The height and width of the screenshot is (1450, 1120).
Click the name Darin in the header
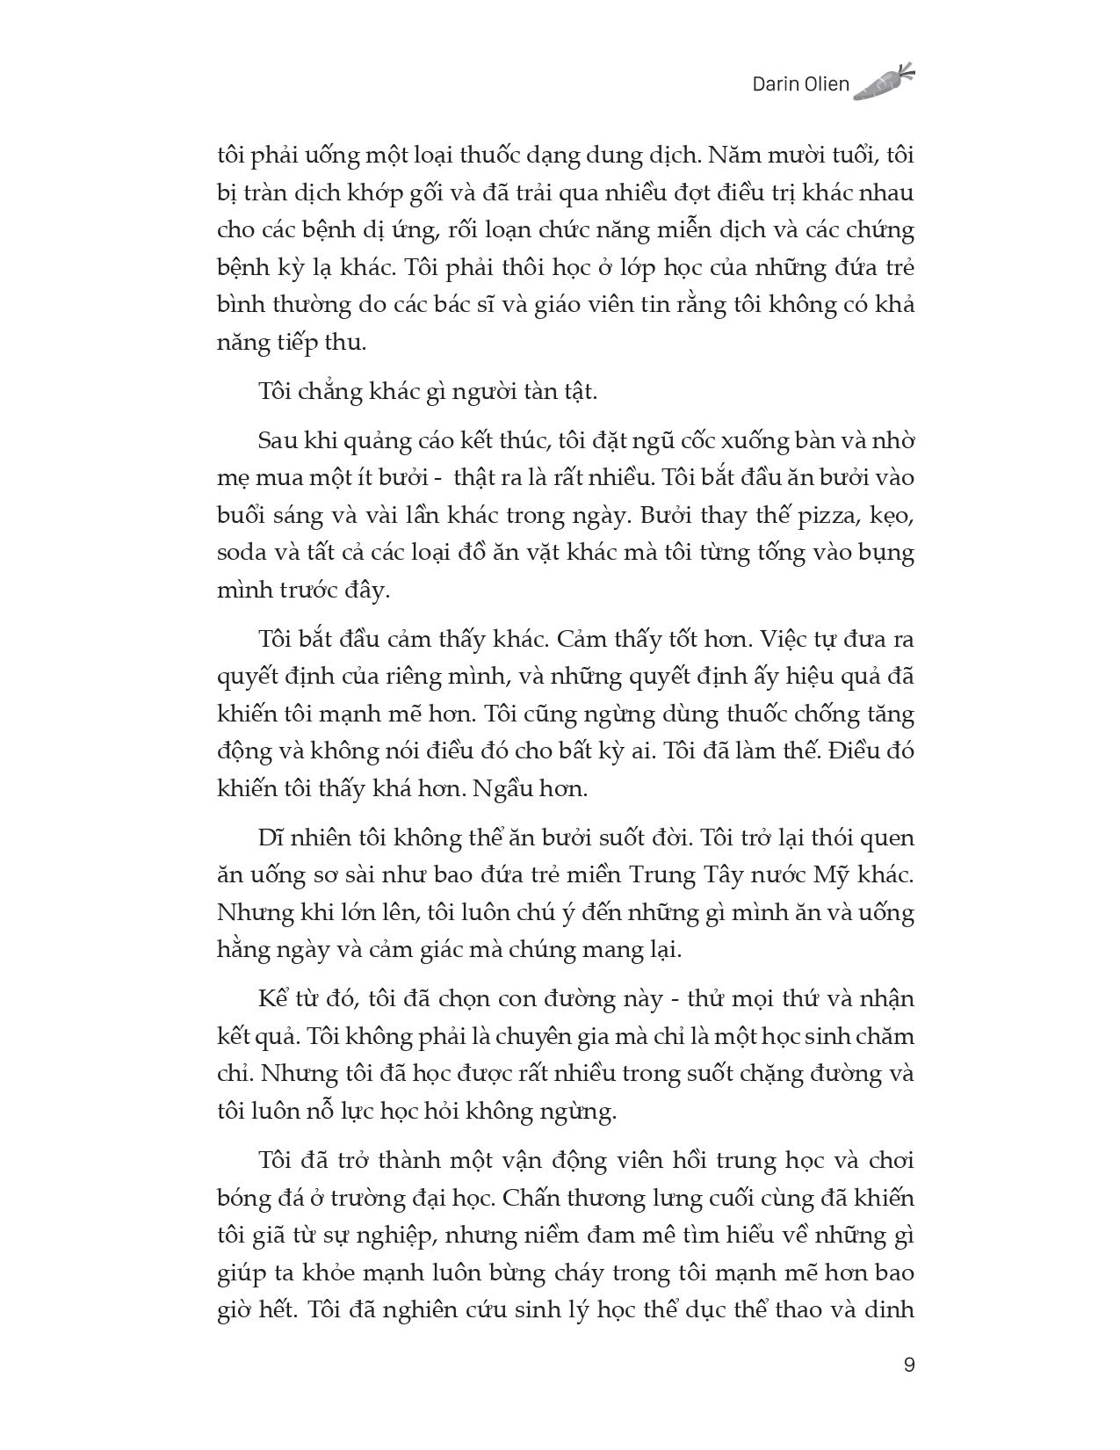pos(777,84)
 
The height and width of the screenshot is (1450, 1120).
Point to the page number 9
pos(908,1365)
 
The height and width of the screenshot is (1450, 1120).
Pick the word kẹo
pos(892,517)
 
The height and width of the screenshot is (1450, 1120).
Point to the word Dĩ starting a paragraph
pos(271,837)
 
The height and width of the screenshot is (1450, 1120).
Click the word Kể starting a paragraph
pos(272,999)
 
